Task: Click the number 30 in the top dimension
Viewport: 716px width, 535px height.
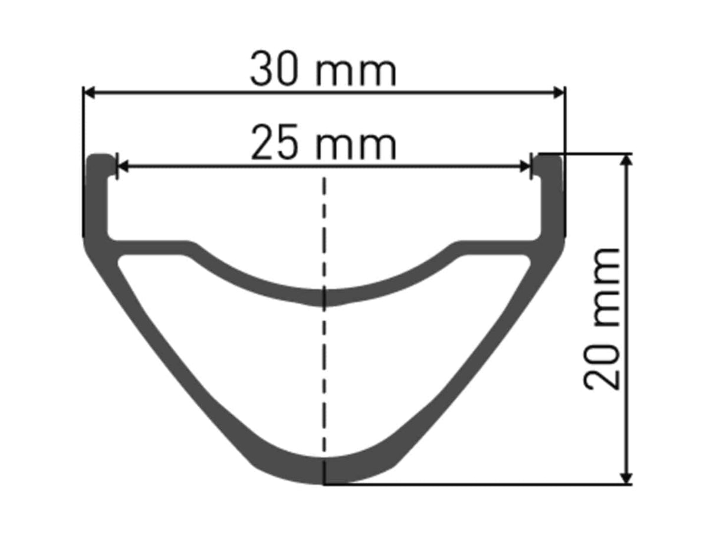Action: pyautogui.click(x=274, y=68)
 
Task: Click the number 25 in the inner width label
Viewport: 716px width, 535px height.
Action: pyautogui.click(x=274, y=142)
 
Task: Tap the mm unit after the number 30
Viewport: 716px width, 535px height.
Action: pyautogui.click(x=356, y=73)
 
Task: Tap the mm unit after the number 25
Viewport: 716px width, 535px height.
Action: pyautogui.click(x=356, y=146)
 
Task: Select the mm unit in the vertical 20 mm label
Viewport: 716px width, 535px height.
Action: pyautogui.click(x=606, y=287)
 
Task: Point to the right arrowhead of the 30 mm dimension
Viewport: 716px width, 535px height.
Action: pyautogui.click(x=559, y=93)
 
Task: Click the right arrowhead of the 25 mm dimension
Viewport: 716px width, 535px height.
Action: pyautogui.click(x=525, y=166)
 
